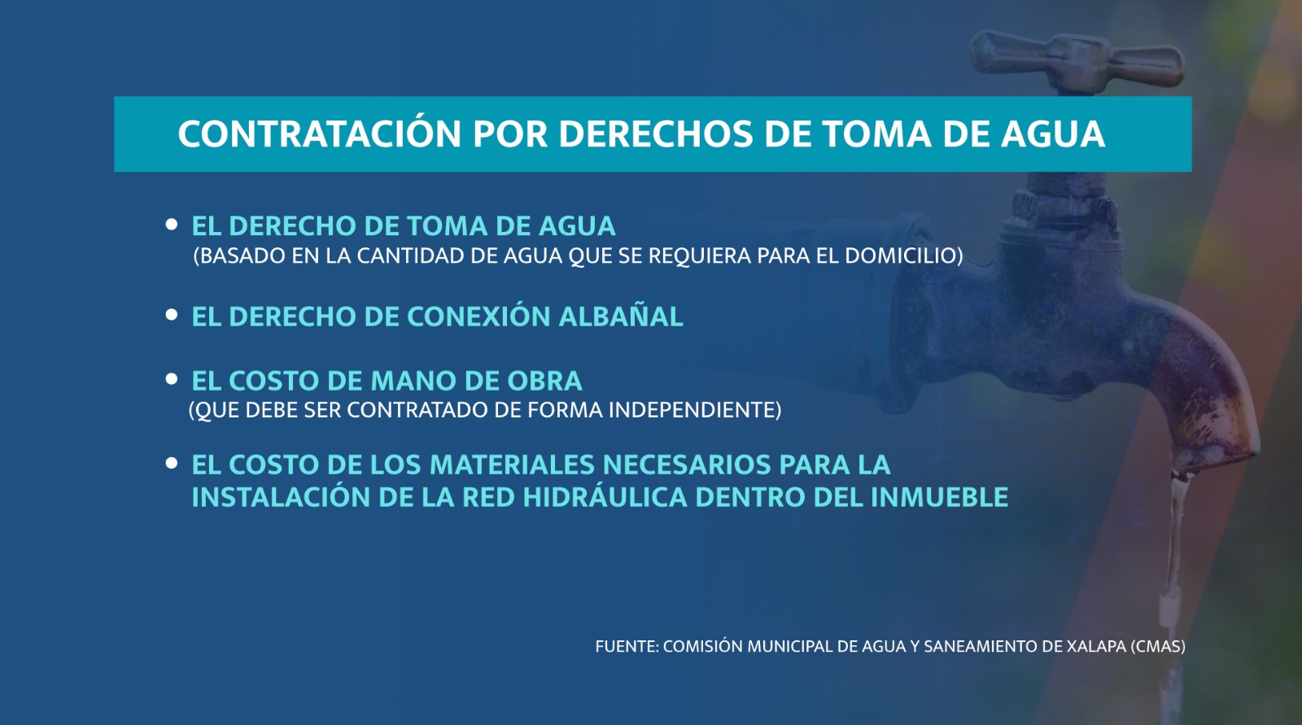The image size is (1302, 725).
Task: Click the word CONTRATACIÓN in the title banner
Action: (x=320, y=133)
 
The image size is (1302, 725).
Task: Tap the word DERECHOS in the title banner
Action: (x=656, y=133)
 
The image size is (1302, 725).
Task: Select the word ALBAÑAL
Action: (x=621, y=317)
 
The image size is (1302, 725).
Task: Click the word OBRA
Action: (x=544, y=382)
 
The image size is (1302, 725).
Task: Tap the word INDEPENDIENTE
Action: (x=695, y=410)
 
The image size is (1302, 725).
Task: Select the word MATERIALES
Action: (x=512, y=465)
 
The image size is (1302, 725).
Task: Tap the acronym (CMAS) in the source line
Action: (x=1158, y=647)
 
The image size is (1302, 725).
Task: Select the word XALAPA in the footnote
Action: (x=1097, y=647)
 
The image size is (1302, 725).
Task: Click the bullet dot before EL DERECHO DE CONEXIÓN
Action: (x=172, y=315)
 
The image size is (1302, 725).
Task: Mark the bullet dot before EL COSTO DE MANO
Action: (x=172, y=379)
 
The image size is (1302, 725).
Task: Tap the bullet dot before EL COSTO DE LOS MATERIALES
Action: (x=172, y=463)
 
